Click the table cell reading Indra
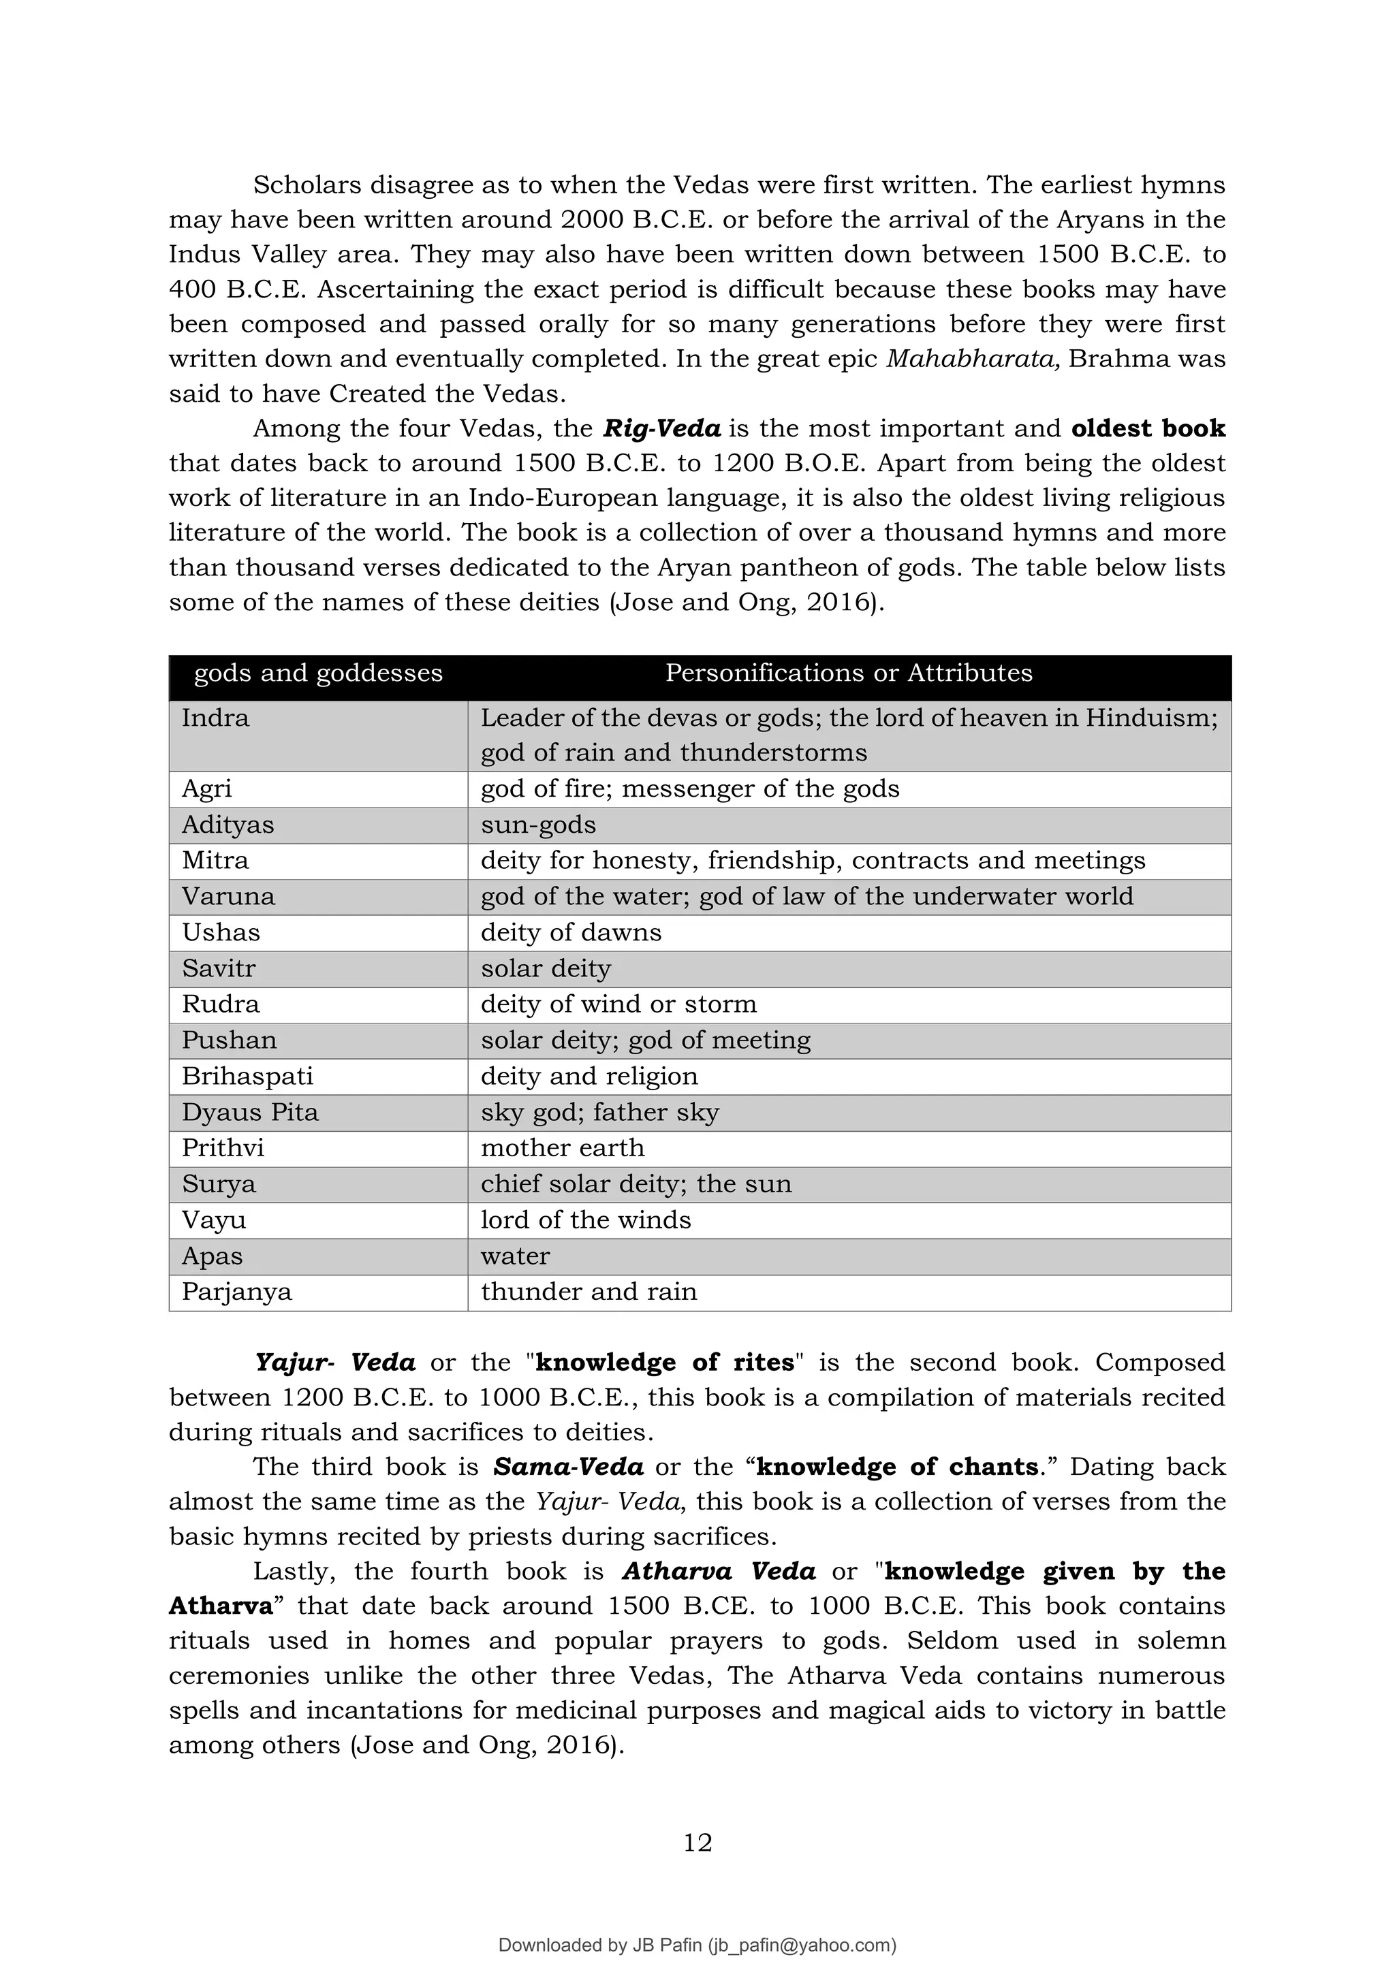pyautogui.click(x=216, y=718)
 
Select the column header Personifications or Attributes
pyautogui.click(x=849, y=673)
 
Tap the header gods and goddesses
pyautogui.click(x=318, y=673)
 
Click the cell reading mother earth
pyautogui.click(x=562, y=1147)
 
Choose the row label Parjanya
pyautogui.click(x=236, y=1292)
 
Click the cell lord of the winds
pyautogui.click(x=585, y=1220)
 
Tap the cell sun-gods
pyautogui.click(x=537, y=825)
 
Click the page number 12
pyautogui.click(x=697, y=1843)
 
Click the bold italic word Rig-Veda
pyautogui.click(x=661, y=428)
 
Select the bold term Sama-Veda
pyautogui.click(x=568, y=1466)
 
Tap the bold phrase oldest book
pyautogui.click(x=1148, y=428)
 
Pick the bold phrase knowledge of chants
pyautogui.click(x=898, y=1466)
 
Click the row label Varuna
pyautogui.click(x=228, y=897)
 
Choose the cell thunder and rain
pyautogui.click(x=589, y=1292)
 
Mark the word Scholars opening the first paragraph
pyautogui.click(x=305, y=185)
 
